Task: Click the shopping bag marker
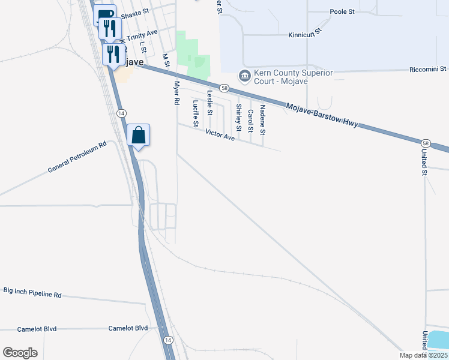(139, 135)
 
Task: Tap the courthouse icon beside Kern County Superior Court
(245, 76)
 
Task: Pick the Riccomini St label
(427, 70)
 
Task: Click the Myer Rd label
(176, 93)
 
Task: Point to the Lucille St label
(195, 113)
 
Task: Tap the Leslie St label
(209, 103)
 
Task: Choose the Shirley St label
(238, 117)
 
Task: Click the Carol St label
(250, 121)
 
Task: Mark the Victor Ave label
(220, 136)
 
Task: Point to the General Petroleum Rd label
(77, 157)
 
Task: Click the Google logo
(20, 353)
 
